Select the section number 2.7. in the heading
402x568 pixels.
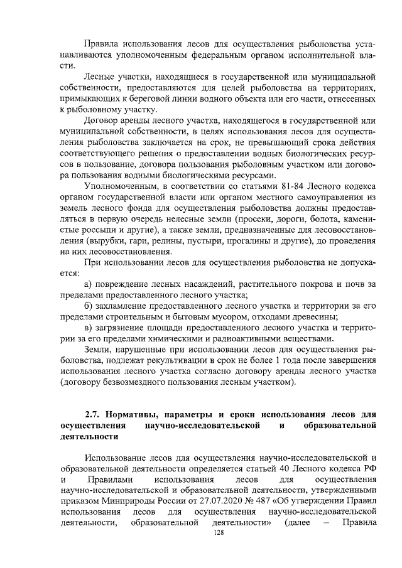pyautogui.click(x=95, y=415)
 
